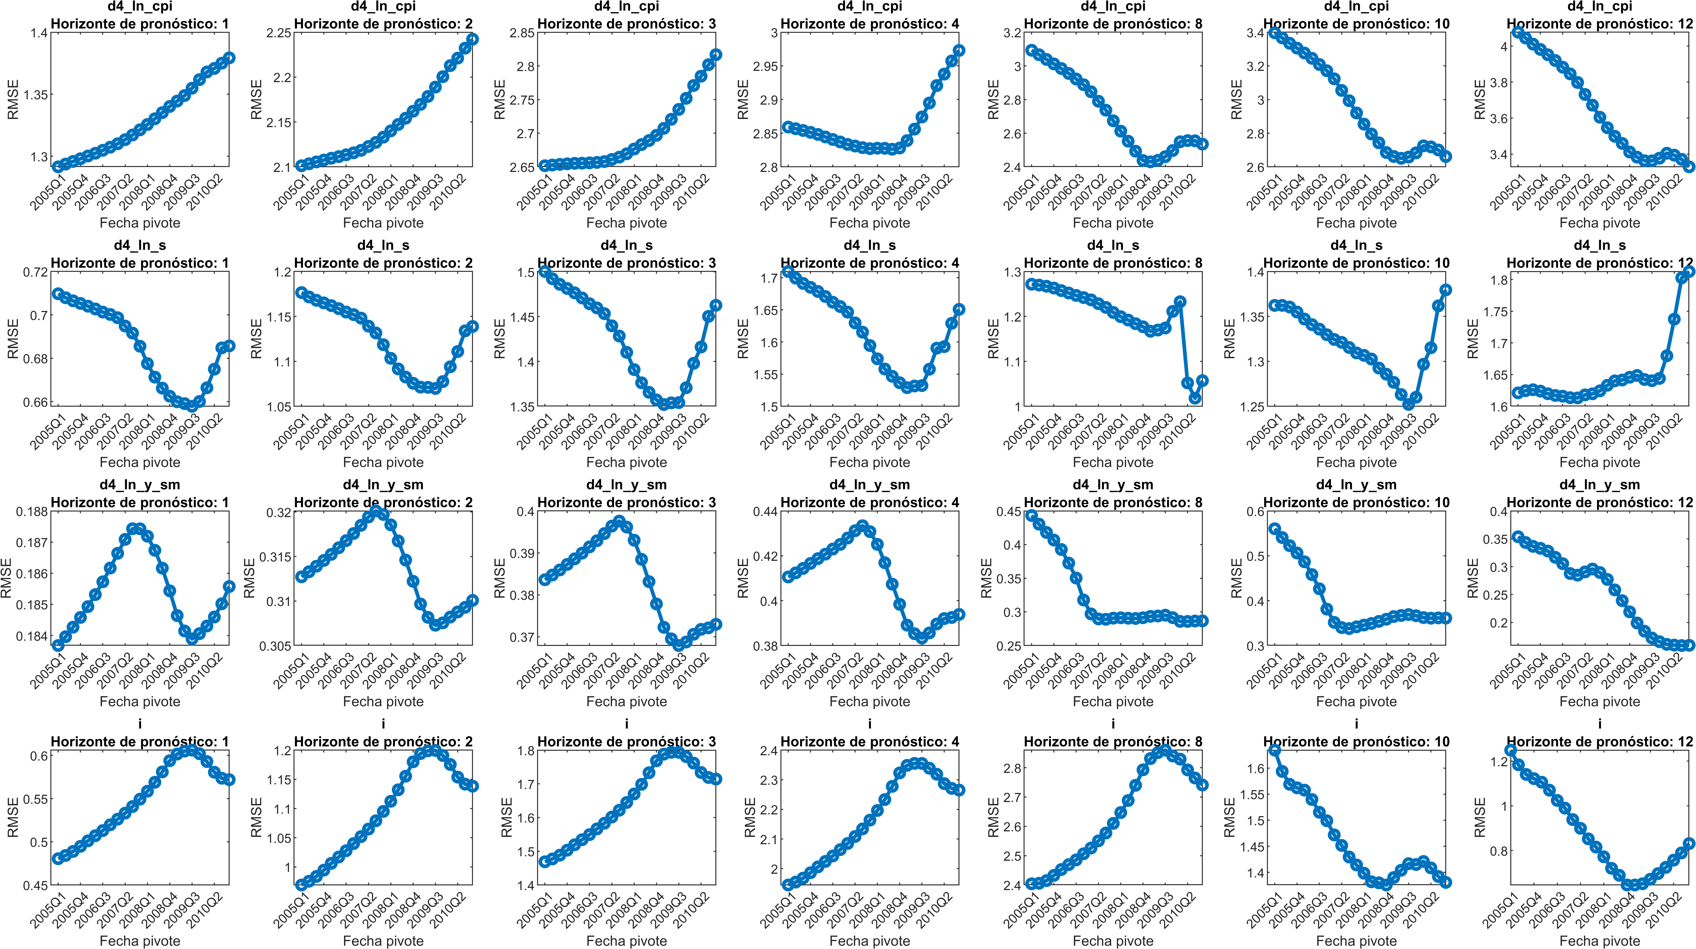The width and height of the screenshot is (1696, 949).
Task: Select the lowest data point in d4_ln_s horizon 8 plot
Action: click(x=1195, y=398)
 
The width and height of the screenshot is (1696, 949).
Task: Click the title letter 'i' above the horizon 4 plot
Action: click(x=870, y=724)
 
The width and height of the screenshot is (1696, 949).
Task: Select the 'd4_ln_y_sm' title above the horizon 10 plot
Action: click(x=1356, y=485)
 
